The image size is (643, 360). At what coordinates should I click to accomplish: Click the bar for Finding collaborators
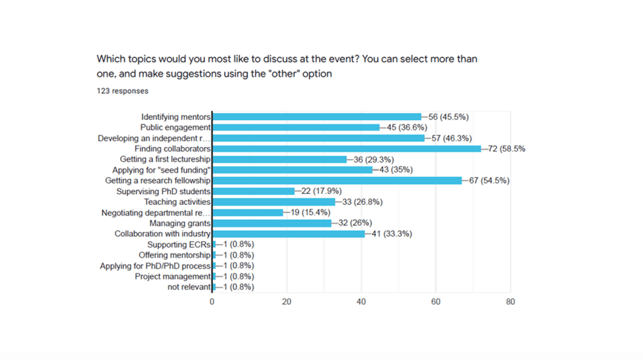tap(346, 149)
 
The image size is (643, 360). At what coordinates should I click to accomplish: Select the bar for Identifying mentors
tap(317, 117)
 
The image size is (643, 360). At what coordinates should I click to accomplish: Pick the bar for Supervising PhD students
tap(253, 191)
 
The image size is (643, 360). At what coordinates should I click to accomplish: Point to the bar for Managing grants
tap(272, 223)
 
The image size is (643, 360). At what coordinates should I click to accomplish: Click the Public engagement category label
tap(175, 128)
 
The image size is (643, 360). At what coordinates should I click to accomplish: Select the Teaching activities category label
tap(177, 202)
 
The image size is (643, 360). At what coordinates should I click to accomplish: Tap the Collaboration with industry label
tap(162, 234)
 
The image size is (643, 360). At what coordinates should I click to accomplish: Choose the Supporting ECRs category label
tap(179, 244)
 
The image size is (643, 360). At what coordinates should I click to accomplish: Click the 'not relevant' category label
tap(189, 287)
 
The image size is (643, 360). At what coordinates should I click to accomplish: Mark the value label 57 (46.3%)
tap(449, 138)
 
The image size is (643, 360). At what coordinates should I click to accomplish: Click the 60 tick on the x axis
tap(436, 302)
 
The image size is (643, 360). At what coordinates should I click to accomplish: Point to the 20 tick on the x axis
tap(287, 302)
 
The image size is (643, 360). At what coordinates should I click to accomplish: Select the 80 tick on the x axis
tap(510, 302)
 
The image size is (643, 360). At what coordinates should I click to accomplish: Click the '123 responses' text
tap(123, 91)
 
